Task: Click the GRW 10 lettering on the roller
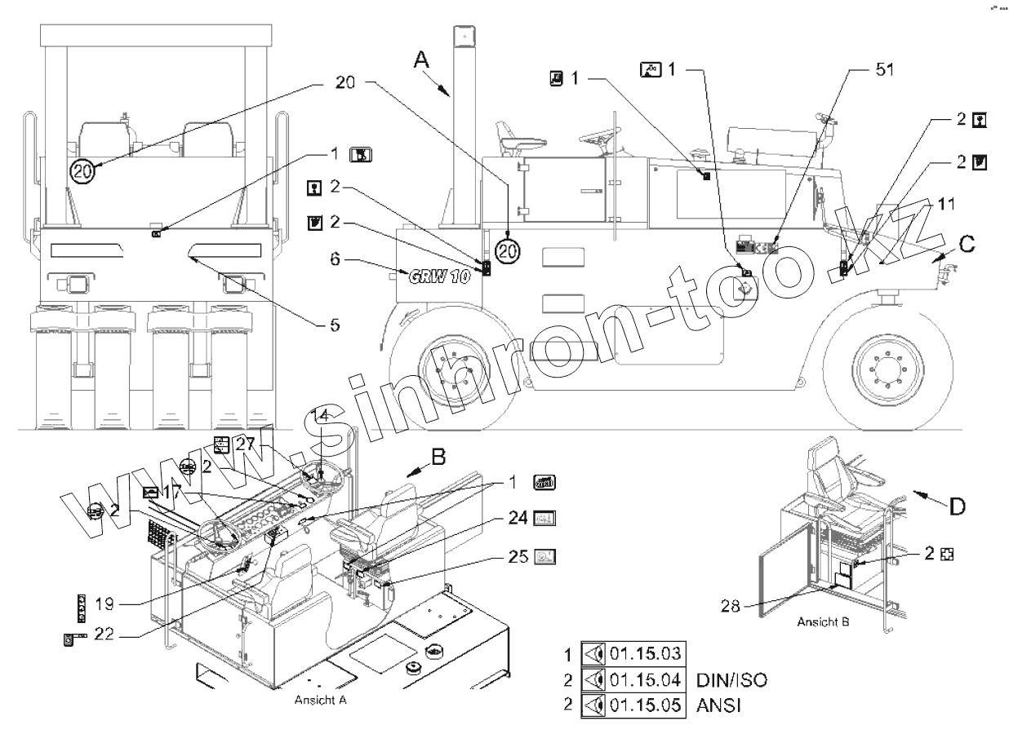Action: (438, 276)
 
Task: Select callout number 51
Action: (885, 70)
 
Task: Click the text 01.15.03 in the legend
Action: (644, 653)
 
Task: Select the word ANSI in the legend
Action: (719, 706)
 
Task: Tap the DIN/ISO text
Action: (731, 679)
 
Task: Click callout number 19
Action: (104, 604)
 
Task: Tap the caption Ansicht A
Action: (321, 700)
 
